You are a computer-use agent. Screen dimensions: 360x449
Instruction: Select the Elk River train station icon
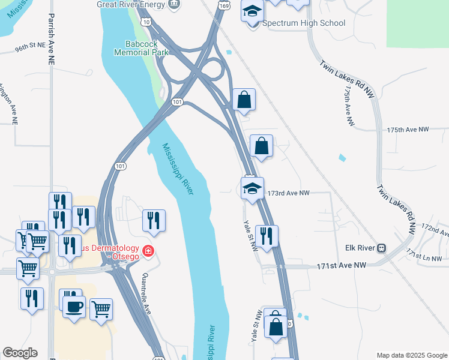[x=381, y=248]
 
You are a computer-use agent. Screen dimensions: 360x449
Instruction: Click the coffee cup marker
[x=74, y=307]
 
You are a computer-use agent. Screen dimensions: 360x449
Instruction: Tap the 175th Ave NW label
[x=408, y=130]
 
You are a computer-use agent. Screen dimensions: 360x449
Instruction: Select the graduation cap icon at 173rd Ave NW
[x=253, y=188]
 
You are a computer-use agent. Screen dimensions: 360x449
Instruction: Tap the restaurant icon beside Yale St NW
[x=266, y=235]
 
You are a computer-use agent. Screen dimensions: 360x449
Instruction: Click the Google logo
[x=20, y=353]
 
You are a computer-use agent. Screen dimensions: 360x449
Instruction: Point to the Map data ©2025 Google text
[x=411, y=355]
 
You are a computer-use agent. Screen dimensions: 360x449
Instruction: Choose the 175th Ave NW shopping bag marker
[x=262, y=146]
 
